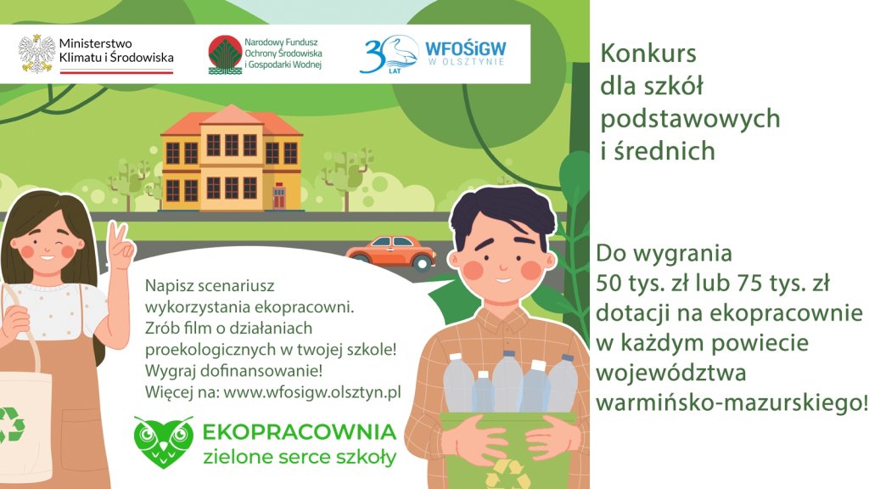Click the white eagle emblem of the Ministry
click(37, 53)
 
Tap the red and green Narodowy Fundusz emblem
click(225, 55)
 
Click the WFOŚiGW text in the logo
click(466, 48)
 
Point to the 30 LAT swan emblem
click(389, 54)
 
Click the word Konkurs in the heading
click(648, 53)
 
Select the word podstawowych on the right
click(690, 119)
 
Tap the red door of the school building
click(278, 196)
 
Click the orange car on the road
click(392, 252)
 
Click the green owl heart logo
click(164, 441)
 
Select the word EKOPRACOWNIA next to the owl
click(300, 432)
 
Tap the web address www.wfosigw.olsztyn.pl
click(312, 392)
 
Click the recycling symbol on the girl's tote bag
click(11, 426)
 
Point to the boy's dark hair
click(502, 211)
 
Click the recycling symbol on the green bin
click(507, 475)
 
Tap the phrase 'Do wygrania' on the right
click(664, 253)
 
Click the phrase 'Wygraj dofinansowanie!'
click(234, 370)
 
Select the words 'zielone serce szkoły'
click(300, 457)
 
